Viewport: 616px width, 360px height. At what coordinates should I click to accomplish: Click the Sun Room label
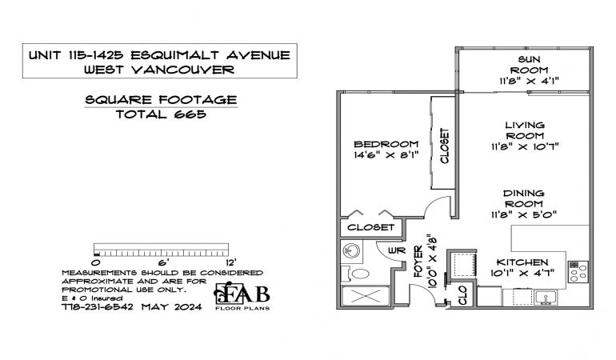pos(529,65)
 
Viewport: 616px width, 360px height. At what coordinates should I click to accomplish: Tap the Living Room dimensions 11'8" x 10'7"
pos(525,146)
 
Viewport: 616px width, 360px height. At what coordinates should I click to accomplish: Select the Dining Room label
pos(524,198)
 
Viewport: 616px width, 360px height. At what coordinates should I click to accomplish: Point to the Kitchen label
pos(522,262)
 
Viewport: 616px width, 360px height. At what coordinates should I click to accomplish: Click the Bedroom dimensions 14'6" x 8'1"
pos(386,155)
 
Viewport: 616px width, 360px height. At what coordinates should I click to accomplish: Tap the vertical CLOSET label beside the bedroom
pos(444,146)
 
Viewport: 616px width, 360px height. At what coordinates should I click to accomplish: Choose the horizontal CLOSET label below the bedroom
pos(370,227)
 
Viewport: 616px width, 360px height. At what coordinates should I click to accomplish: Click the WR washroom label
pos(397,250)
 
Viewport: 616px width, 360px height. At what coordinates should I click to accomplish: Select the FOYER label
pos(418,262)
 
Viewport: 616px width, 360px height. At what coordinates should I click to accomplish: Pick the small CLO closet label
pos(462,295)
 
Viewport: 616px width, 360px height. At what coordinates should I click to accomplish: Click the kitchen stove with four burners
pos(578,272)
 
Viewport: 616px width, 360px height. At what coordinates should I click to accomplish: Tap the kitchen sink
pos(546,298)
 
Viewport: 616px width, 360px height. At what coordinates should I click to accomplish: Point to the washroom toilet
pos(355,274)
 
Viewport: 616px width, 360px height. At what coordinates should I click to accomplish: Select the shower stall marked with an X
pos(366,296)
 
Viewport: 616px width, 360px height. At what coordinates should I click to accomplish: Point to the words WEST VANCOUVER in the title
pos(159,70)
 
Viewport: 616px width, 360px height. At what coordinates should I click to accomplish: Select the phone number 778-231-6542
pos(98,307)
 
